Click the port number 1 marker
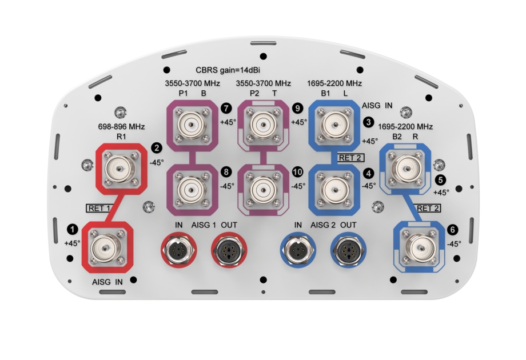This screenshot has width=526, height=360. pos(72,229)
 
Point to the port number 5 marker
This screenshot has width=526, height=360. pos(439,179)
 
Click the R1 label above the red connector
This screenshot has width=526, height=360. pos(121,137)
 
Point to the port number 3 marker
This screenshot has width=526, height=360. pos(368,122)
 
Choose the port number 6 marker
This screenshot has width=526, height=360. pos(453,229)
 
